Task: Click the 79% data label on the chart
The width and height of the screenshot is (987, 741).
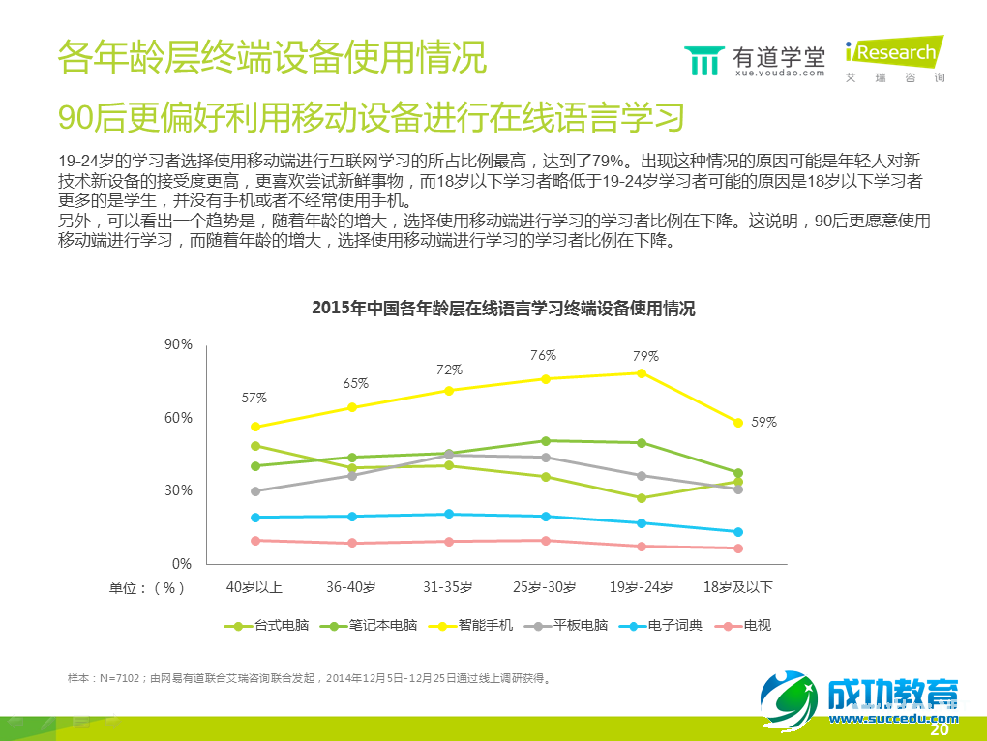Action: [x=645, y=356]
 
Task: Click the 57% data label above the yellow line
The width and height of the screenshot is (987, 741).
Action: [x=254, y=398]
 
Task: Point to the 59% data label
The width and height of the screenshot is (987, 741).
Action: [x=764, y=422]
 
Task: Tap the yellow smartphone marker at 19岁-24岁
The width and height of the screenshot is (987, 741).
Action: [x=642, y=373]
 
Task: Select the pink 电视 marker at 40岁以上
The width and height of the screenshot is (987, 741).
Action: [x=255, y=541]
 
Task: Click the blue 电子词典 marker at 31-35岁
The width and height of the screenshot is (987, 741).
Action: [x=449, y=515]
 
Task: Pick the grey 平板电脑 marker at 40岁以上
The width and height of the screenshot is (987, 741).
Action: [x=255, y=491]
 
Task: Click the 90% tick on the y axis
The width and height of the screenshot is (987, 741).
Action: [x=178, y=344]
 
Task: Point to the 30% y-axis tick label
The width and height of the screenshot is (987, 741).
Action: [x=178, y=490]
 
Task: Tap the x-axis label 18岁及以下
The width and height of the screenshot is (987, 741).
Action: [x=737, y=587]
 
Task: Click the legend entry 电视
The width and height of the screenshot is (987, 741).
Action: [x=757, y=626]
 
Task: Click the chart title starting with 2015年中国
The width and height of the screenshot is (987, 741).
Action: [x=503, y=309]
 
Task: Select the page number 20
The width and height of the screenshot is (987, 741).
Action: [x=938, y=730]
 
